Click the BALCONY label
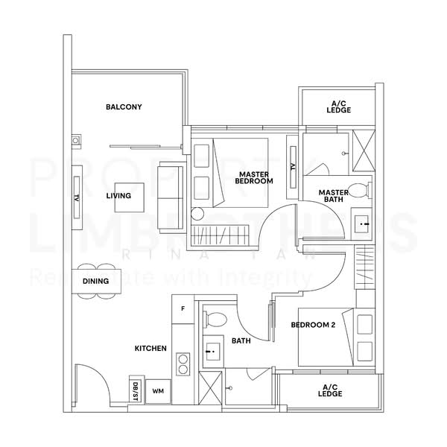coord(124,107)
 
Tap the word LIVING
coord(118,196)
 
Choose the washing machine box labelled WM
coord(158,390)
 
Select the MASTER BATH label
coord(334,196)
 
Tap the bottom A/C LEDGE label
coord(330,391)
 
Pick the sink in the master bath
coord(364,222)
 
